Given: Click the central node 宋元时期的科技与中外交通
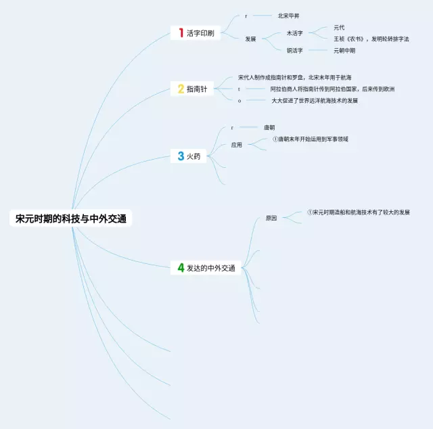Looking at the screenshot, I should coord(71,219).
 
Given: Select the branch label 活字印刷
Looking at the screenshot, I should coord(201,33).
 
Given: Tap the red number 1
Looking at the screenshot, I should coord(181,32).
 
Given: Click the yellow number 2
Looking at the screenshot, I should coord(181,89).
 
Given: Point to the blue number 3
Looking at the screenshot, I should coord(181,156).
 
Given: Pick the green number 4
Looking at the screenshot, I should coord(181,268).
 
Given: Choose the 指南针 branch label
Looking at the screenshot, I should coord(198,89).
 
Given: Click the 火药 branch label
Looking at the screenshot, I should coord(193,157).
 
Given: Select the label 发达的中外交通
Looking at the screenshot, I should coord(211,269).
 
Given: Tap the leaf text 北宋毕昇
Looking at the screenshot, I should coord(288,16).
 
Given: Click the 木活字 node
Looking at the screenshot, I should coord(295,32).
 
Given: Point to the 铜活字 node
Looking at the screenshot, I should coord(295,50).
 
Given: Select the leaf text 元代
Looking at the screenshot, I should coord(339,28).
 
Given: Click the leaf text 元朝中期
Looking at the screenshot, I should coord(344,50).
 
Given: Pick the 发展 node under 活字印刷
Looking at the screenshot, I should coord(250,39).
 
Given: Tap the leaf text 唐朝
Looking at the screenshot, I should coord(269,127).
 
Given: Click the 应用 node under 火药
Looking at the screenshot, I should coord(236,144).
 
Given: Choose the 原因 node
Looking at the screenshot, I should coord(271,218).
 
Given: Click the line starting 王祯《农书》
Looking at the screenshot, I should coord(371,39).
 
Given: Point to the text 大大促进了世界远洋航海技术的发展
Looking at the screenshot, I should coord(315,100).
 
